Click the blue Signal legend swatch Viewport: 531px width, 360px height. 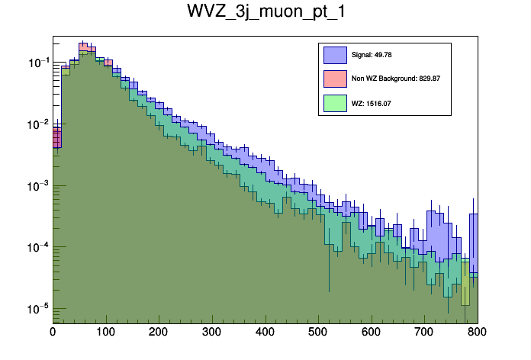coord(335,55)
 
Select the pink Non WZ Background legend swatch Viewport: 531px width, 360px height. coord(335,79)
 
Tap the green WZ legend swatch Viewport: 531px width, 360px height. coord(335,102)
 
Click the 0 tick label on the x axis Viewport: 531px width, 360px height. coord(53,333)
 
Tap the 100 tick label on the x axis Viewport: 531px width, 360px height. coord(106,333)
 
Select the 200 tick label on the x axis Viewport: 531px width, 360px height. coord(159,333)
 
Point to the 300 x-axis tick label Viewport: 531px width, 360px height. coord(212,333)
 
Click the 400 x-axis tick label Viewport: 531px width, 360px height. coord(265,333)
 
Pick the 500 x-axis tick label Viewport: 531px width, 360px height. coord(319,333)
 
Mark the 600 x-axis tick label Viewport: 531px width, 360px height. coord(372,333)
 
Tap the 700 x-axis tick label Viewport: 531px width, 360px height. coord(425,333)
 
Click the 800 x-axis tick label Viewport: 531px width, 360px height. coord(477,333)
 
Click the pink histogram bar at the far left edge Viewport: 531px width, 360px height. coord(56,138)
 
